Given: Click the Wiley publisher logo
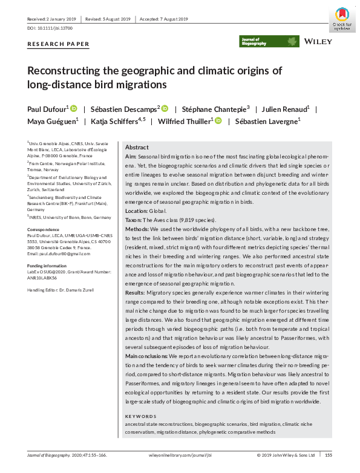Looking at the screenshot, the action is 318,42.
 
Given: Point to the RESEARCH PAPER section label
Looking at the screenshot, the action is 59,44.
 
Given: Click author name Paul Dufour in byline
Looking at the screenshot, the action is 46,109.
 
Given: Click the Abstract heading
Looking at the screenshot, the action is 137,148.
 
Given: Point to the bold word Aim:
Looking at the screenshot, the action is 131,156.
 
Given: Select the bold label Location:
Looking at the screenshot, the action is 138,210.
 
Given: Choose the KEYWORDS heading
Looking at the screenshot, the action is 140,417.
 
